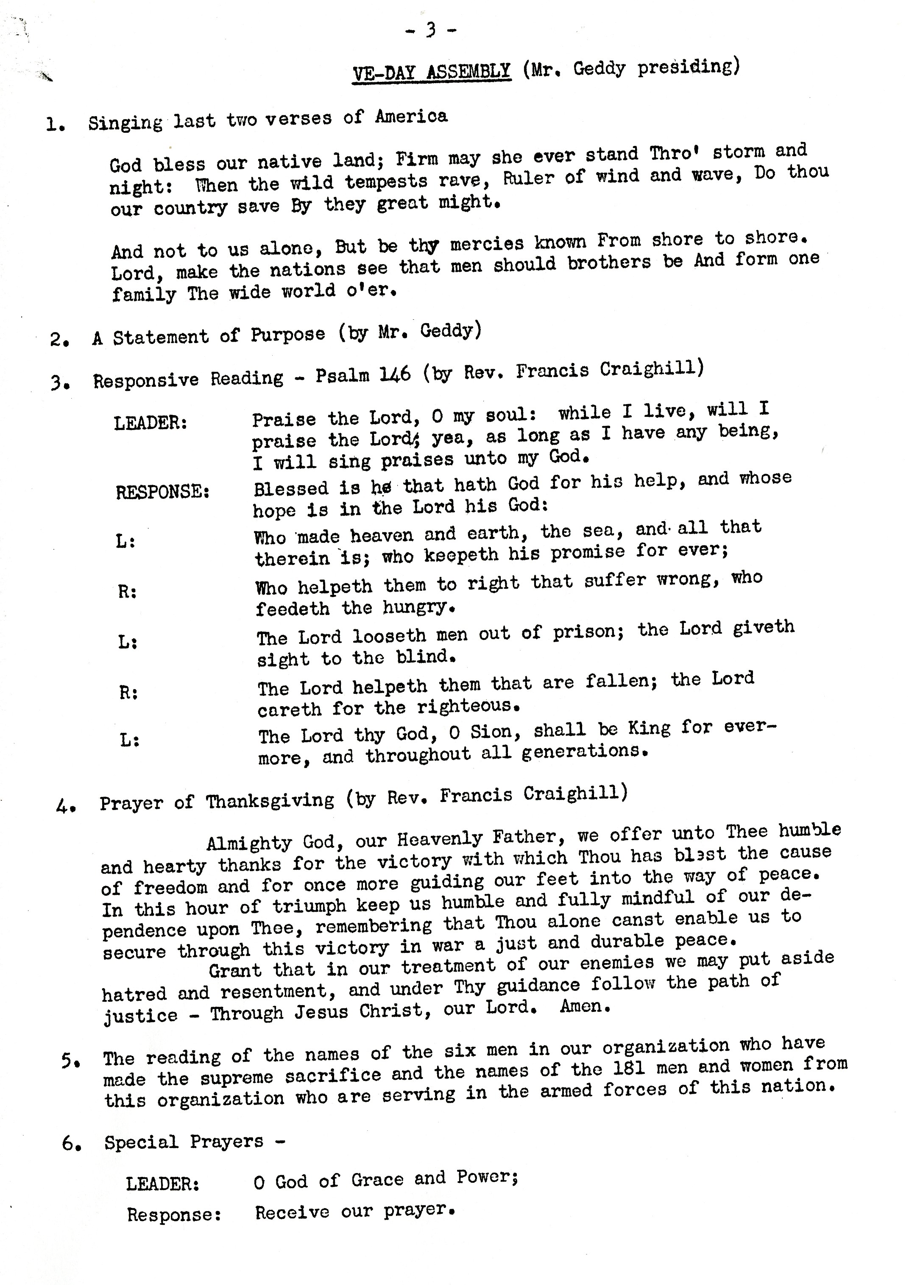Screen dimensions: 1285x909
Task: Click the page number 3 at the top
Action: (430, 30)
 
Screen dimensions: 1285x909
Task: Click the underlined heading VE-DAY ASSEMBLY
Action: (431, 72)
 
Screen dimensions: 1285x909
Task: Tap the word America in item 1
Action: (411, 117)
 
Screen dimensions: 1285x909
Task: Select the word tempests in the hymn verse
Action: (382, 182)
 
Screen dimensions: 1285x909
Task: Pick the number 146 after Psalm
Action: (395, 374)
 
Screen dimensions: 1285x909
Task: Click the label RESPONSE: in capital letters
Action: (163, 493)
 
